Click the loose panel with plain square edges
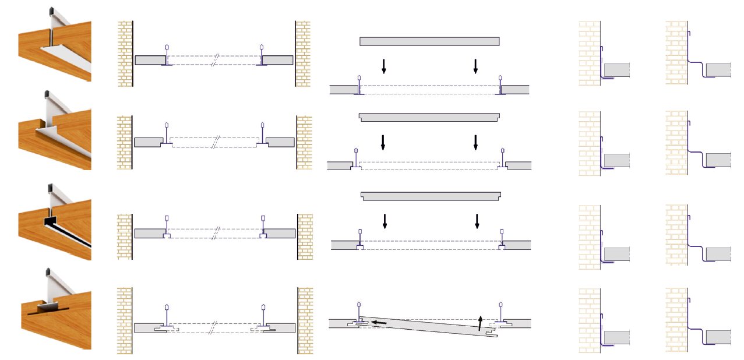coord(429,41)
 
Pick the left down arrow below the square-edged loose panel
coord(383,66)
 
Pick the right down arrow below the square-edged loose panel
coord(475,66)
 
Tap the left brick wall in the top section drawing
coord(125,54)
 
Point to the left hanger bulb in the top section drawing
coord(167,47)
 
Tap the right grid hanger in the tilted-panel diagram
coord(500,312)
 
